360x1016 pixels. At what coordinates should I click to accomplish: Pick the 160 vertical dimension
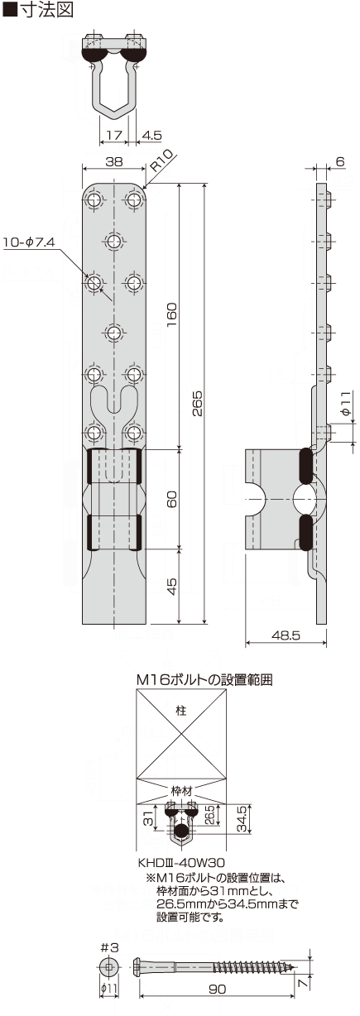(172, 314)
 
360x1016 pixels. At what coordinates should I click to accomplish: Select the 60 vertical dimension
(172, 499)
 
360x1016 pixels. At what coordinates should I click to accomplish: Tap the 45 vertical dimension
(172, 586)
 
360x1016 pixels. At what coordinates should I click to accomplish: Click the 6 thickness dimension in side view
(340, 163)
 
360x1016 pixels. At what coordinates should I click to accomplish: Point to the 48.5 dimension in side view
(285, 635)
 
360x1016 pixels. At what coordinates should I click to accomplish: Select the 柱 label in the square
(180, 711)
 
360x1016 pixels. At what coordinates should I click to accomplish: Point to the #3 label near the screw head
(107, 948)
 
